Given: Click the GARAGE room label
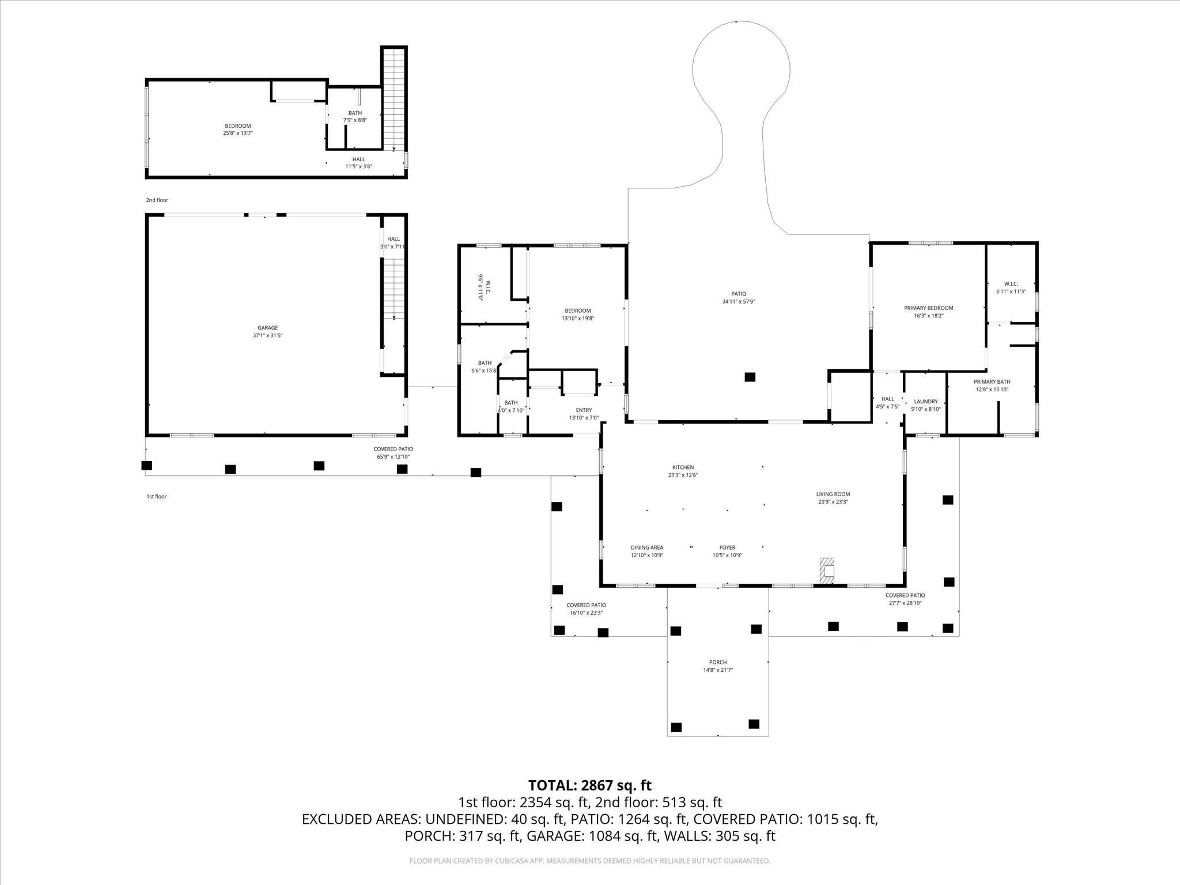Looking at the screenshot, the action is coord(267,328).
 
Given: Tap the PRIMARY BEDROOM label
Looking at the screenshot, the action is coord(928,308).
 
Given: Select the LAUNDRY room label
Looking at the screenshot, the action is coord(926,402).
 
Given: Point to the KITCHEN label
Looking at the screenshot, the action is coord(683,467).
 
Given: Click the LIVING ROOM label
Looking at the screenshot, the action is coord(833,494).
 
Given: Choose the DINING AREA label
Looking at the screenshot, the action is coord(647,548).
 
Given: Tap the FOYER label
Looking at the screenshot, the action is coord(727,548).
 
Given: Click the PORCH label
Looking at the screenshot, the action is coord(718,663).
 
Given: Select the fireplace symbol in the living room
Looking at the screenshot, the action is coord(827,572).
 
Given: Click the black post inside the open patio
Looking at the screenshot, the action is coord(750,377).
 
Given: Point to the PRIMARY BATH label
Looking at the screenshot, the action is coord(992,382).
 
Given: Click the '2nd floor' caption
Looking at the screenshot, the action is coord(157,200).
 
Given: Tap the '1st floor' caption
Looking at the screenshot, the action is coord(156,496).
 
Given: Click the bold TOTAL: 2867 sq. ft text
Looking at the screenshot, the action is coord(590,785).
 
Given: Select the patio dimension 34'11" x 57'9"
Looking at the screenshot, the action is coord(739,301).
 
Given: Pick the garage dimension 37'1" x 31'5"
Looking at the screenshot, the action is coord(267,335).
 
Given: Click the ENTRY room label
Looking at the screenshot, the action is coord(584,410).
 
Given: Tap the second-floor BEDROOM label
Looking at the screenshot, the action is coord(237,126).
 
